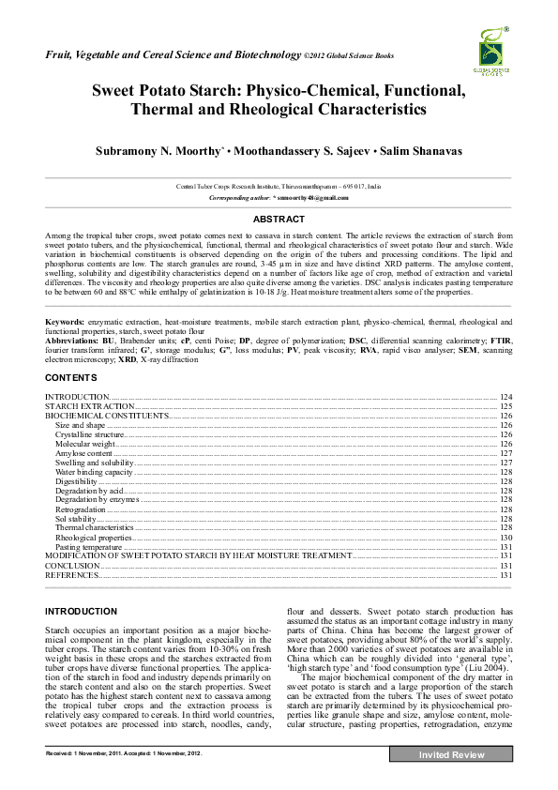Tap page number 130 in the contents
(x=505, y=538)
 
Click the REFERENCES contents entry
(x=72, y=575)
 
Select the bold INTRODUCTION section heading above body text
(x=82, y=611)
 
